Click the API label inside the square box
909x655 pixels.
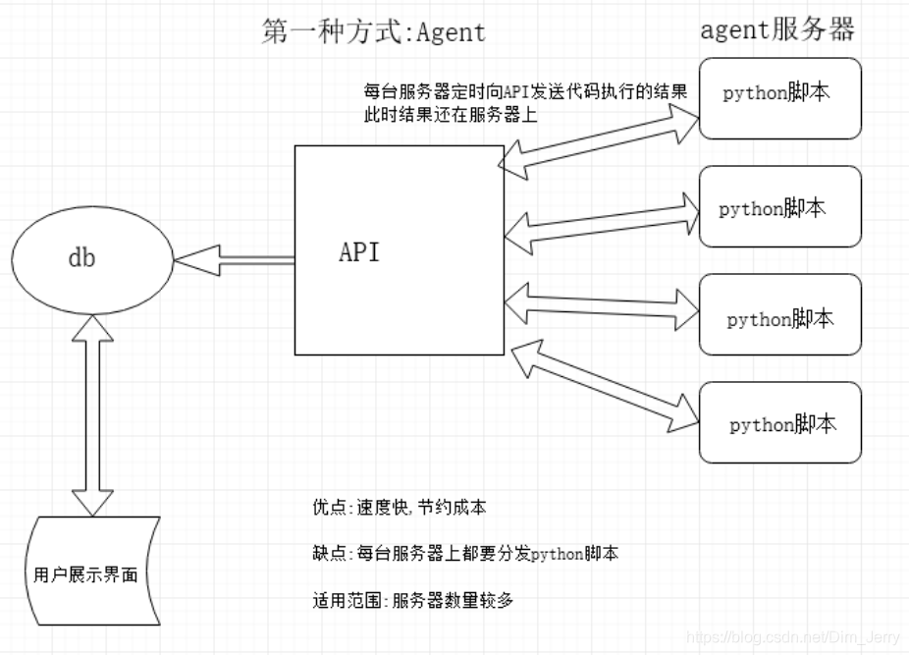(358, 251)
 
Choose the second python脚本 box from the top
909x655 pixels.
(779, 207)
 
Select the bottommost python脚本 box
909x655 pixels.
(779, 423)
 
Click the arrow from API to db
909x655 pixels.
(234, 260)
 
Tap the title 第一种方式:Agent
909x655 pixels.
(373, 32)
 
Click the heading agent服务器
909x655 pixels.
(776, 29)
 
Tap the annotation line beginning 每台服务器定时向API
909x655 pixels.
(524, 92)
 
